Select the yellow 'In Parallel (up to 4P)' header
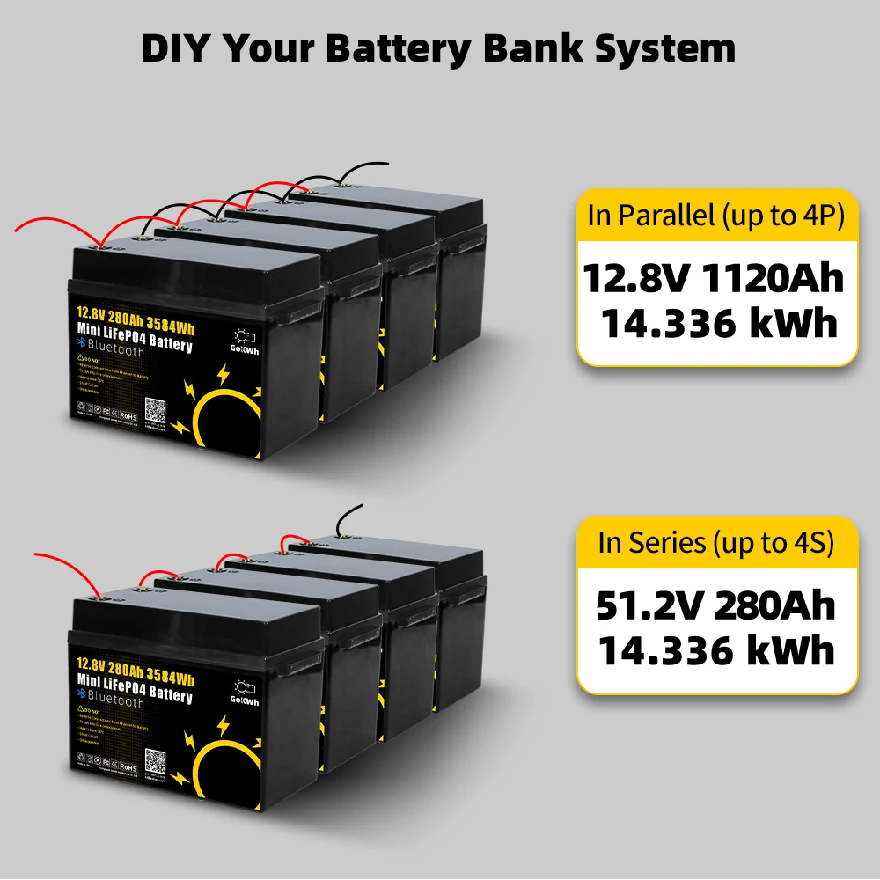716,216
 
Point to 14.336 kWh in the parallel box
717,323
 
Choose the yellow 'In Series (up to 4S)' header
715,543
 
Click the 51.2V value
648,606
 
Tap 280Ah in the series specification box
775,606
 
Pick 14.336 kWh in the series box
716,651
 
